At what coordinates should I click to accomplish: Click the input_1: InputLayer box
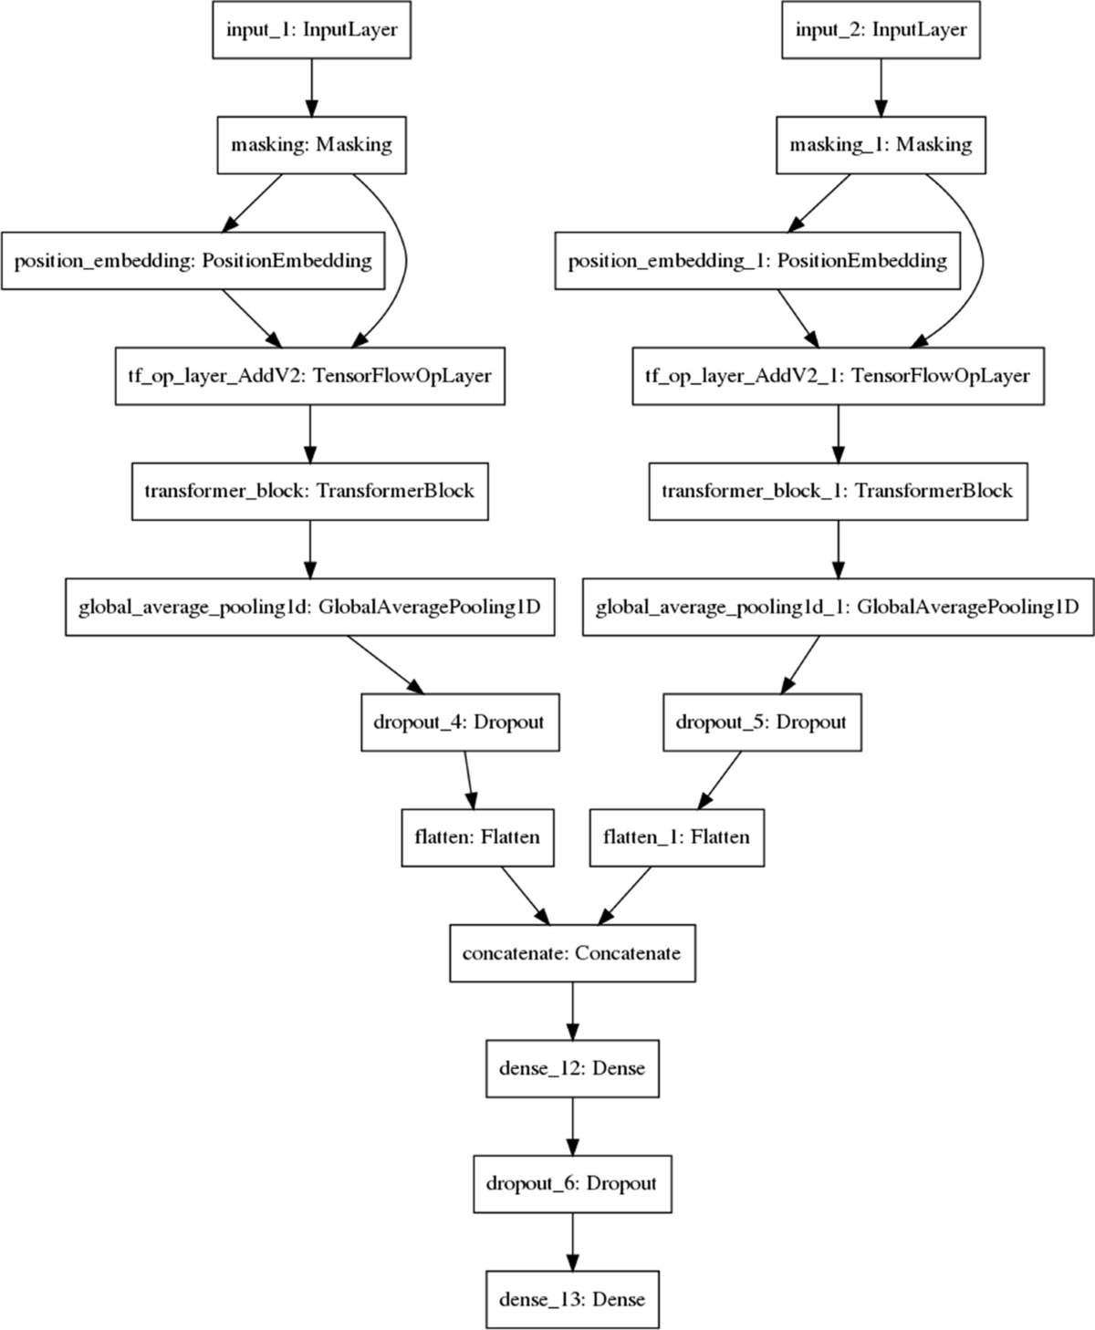click(x=311, y=30)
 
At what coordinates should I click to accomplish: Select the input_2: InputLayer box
click(x=881, y=30)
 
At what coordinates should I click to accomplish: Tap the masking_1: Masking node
click(x=881, y=145)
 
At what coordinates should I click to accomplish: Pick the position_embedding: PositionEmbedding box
click(x=193, y=261)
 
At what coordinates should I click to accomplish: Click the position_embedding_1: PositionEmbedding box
click(x=757, y=261)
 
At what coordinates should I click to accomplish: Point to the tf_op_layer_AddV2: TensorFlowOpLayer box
click(x=309, y=376)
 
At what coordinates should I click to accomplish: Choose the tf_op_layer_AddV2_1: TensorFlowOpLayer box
click(x=838, y=376)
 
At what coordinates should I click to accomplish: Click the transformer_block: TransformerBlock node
click(x=309, y=492)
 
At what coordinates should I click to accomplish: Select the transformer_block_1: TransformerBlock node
click(x=838, y=492)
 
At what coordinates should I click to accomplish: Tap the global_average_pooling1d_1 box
click(x=838, y=607)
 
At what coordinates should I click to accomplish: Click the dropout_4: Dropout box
click(x=459, y=722)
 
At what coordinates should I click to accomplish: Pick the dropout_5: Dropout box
click(x=761, y=722)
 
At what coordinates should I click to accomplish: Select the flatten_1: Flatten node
click(x=676, y=837)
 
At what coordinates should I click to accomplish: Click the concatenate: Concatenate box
click(x=572, y=953)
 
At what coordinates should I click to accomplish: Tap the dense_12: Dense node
click(x=572, y=1068)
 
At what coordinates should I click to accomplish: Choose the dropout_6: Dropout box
click(x=572, y=1184)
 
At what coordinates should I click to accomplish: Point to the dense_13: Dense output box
click(x=572, y=1299)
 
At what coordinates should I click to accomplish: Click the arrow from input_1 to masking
click(x=311, y=88)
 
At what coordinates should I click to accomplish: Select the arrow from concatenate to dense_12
click(x=572, y=1011)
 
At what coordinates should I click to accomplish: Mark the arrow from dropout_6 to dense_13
click(x=572, y=1242)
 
